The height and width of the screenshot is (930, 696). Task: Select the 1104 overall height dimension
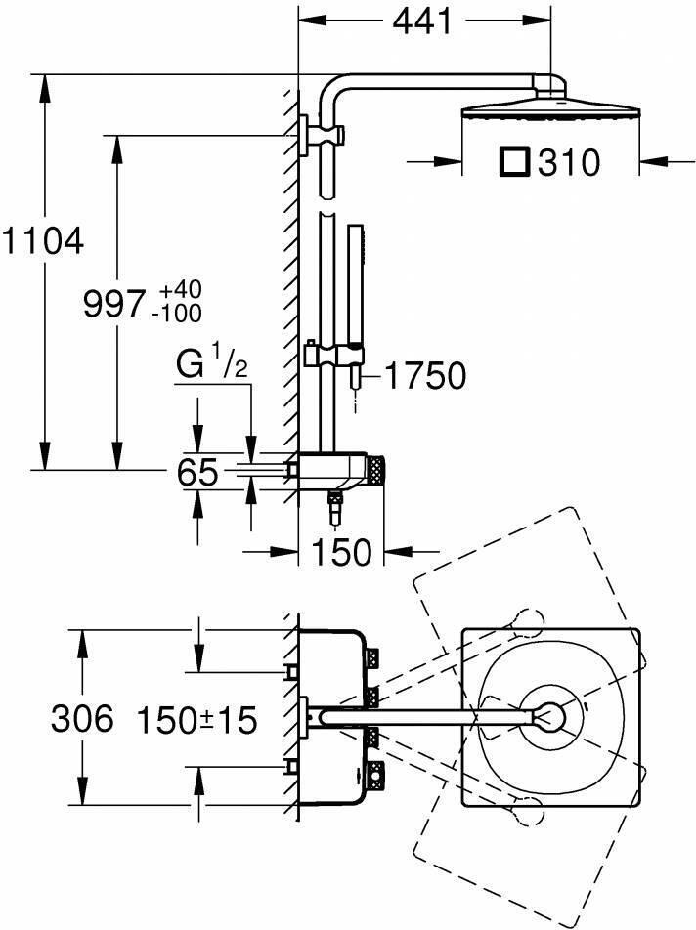42,241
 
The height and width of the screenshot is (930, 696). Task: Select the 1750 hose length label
423,375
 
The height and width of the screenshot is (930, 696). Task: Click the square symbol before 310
514,161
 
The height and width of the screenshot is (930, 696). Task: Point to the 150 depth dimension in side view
342,552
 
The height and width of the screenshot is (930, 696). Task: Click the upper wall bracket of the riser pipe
317,134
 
